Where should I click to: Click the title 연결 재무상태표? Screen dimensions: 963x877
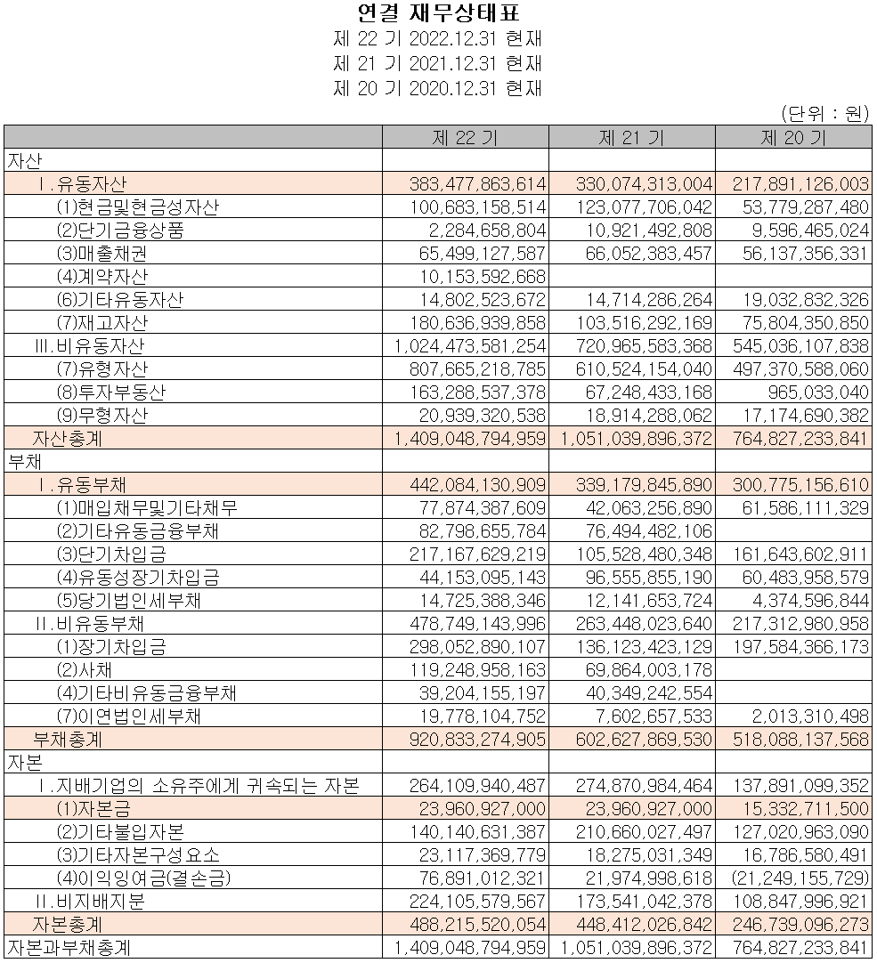pos(437,13)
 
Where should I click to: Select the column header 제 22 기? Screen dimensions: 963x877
pos(465,137)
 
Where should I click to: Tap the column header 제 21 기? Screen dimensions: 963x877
pos(631,137)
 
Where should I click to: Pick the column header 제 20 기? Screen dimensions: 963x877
pos(792,137)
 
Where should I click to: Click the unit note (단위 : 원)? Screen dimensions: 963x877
pos(824,113)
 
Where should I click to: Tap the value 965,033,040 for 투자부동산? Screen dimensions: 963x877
pos(818,392)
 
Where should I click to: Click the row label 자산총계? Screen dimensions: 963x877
pos(74,438)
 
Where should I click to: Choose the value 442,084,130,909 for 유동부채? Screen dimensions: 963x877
pos(478,484)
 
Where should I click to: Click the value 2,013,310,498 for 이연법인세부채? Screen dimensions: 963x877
pos(814,716)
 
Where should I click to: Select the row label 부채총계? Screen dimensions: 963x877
pos(74,739)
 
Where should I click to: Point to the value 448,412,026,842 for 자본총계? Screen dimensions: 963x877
pos(637,924)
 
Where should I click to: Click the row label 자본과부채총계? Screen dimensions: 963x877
pos(74,948)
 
